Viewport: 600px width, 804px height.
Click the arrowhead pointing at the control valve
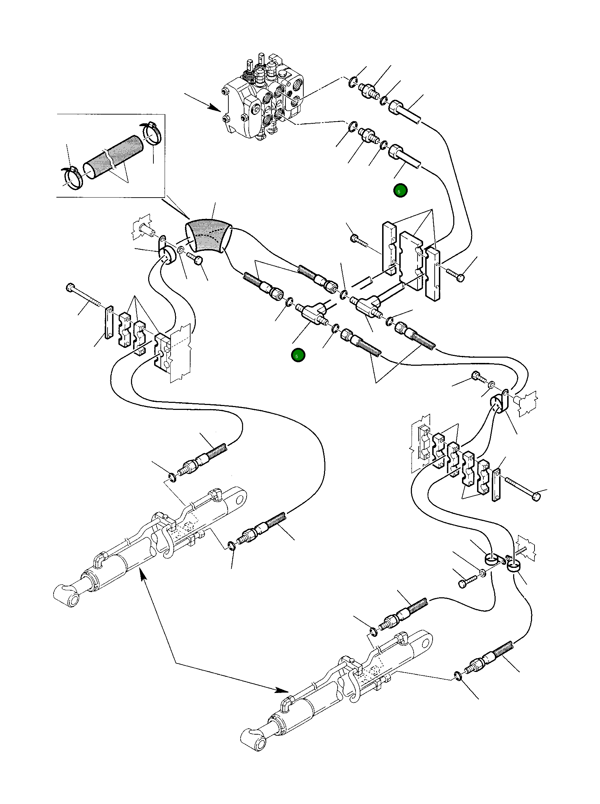click(215, 107)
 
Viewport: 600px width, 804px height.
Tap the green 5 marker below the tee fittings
click(298, 356)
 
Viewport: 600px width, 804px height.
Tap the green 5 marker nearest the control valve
click(400, 191)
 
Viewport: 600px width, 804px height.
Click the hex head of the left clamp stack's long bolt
click(70, 288)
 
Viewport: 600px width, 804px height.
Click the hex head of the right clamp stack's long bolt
click(536, 497)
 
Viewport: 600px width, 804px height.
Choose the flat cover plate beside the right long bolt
click(496, 485)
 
